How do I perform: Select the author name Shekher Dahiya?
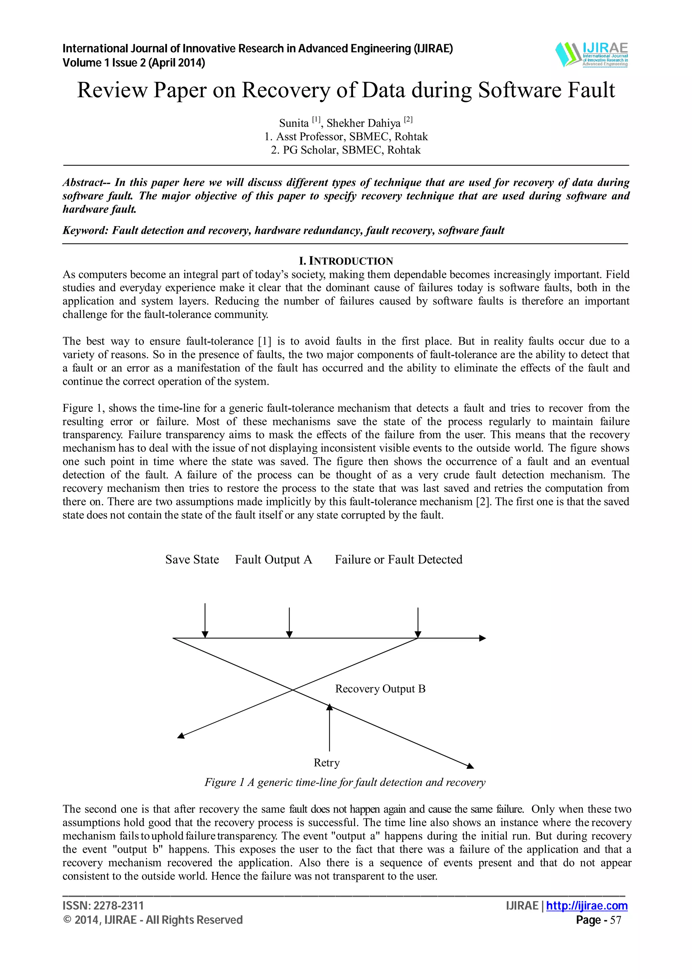coord(363,123)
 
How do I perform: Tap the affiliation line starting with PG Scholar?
coord(346,150)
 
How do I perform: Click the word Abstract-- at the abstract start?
coord(86,182)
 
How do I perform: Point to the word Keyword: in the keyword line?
coord(86,231)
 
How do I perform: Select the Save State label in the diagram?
coord(192,559)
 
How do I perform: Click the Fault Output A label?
coord(273,559)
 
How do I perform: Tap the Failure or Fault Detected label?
coord(398,559)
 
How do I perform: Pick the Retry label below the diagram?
coord(327,763)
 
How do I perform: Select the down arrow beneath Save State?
coord(205,620)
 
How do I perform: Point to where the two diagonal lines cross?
coord(293,689)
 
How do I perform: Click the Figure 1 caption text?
coord(345,782)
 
